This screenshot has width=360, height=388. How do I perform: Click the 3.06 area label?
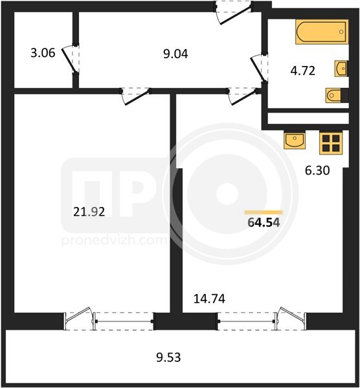[43, 53]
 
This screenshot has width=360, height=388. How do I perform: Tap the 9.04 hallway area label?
[175, 54]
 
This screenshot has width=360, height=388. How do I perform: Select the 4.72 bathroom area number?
[303, 70]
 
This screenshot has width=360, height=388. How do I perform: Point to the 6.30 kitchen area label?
[317, 171]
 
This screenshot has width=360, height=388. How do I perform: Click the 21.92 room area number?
[89, 212]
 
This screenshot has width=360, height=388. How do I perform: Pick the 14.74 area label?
[209, 299]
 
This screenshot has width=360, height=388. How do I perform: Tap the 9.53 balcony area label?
[168, 358]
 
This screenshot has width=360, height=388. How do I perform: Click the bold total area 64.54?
[264, 222]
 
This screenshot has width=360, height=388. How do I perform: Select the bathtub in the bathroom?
[322, 32]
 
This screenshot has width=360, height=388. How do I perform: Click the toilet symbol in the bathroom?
[335, 95]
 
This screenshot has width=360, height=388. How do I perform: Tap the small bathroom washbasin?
[341, 68]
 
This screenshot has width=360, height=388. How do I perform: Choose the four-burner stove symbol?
[331, 143]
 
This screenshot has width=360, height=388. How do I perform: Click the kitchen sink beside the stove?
[295, 140]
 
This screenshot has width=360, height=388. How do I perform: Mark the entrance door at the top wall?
[234, 12]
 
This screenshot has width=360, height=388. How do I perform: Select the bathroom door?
[259, 68]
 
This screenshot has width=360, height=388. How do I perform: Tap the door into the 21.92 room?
[136, 96]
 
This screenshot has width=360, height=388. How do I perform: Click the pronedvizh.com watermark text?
[114, 241]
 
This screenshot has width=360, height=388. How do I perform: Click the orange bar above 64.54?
[264, 212]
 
